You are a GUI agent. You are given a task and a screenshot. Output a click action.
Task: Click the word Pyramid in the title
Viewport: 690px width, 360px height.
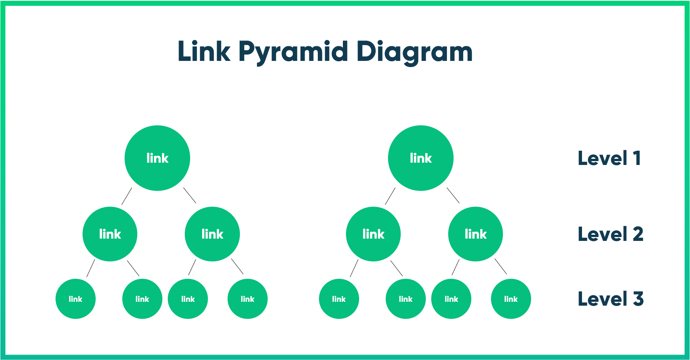(x=293, y=52)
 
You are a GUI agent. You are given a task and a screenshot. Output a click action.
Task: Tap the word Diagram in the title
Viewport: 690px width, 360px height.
(x=414, y=52)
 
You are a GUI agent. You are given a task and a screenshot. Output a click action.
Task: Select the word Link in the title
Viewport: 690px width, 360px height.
(x=204, y=52)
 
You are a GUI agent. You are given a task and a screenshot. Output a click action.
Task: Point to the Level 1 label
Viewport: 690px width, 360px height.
(x=609, y=158)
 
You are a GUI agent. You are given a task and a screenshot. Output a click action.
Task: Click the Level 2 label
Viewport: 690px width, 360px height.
(x=611, y=234)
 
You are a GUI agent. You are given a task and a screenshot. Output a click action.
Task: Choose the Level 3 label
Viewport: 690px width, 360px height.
(x=611, y=299)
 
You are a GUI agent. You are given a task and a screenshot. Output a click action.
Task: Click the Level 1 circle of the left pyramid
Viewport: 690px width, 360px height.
(x=157, y=158)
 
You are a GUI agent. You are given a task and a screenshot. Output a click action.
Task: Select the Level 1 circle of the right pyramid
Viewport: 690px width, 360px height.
(x=421, y=158)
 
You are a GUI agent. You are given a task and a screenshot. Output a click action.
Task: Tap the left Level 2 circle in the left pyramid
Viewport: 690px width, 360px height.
(x=110, y=234)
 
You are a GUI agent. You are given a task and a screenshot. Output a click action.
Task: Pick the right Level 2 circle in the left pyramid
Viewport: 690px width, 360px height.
(x=212, y=234)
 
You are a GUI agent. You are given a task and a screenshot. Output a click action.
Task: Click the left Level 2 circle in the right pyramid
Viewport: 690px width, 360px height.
(x=373, y=234)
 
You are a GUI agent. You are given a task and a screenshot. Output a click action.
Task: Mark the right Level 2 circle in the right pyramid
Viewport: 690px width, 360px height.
(x=476, y=234)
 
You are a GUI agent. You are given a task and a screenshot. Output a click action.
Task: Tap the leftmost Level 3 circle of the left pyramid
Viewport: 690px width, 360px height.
(x=76, y=299)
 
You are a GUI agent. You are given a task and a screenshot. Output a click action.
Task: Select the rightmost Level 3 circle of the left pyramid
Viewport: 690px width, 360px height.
(x=248, y=299)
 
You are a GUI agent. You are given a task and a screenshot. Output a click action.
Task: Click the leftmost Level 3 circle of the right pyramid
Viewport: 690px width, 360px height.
(x=339, y=299)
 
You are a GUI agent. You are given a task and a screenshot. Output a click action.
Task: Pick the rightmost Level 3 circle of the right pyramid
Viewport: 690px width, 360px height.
(x=511, y=299)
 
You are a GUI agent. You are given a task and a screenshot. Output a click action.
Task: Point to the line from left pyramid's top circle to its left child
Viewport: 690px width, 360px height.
(x=127, y=196)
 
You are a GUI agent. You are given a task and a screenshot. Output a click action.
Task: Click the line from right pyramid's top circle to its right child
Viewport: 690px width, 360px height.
(x=453, y=195)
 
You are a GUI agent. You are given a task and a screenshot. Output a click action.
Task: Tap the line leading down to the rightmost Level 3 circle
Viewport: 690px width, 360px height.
(x=501, y=266)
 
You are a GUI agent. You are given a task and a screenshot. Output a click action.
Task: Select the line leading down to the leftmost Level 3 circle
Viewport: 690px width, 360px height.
(x=91, y=268)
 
